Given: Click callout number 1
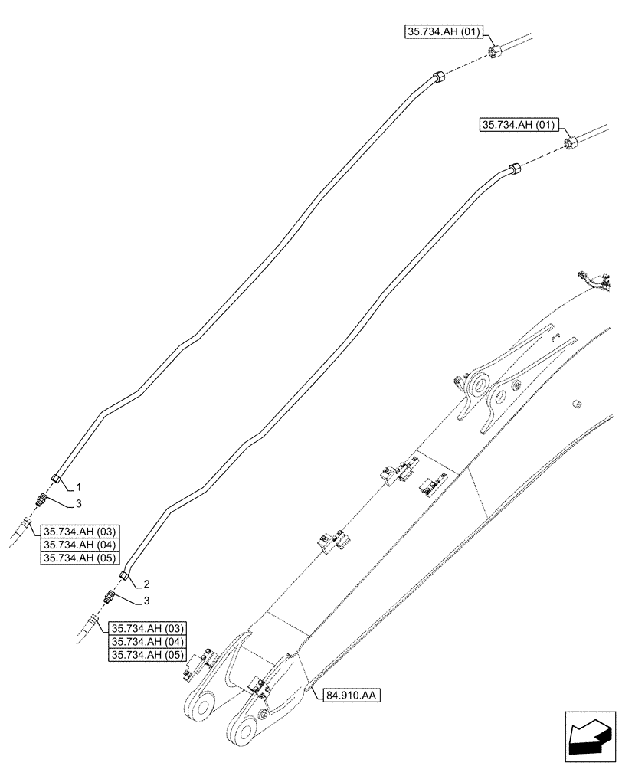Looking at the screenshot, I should pos(77,487).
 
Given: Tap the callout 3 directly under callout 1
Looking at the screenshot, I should pos(77,504).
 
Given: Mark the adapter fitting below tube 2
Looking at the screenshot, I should pos(109,597).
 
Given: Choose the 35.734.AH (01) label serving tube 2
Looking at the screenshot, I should pos(519,124).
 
